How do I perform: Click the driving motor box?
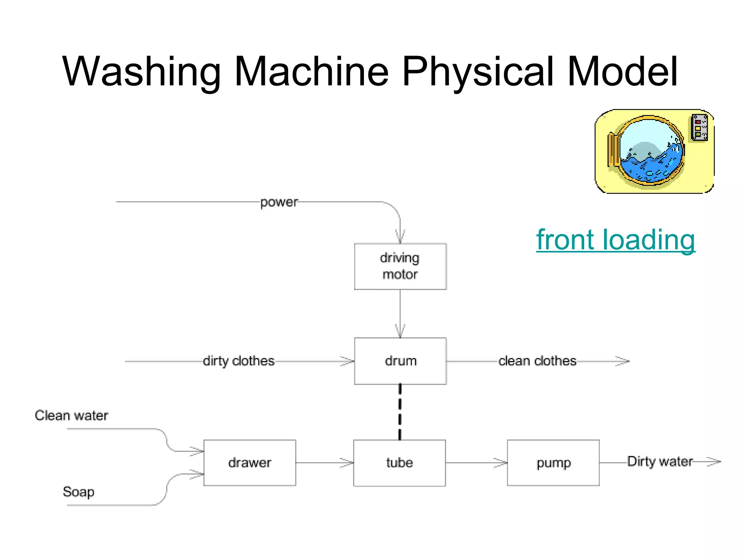click(x=400, y=266)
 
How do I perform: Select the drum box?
click(x=400, y=361)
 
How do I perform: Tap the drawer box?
click(x=250, y=462)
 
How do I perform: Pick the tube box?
click(x=399, y=462)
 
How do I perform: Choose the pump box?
click(x=553, y=462)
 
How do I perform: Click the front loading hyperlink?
click(x=615, y=240)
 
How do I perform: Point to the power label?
click(x=279, y=202)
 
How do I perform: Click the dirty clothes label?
click(x=238, y=361)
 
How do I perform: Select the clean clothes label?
click(x=537, y=361)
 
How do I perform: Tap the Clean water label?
click(x=71, y=415)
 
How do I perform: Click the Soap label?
click(x=78, y=492)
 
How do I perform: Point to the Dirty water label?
click(x=660, y=461)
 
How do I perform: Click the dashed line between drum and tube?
click(x=400, y=412)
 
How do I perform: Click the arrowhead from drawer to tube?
click(x=347, y=462)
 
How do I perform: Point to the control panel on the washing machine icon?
click(x=699, y=127)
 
